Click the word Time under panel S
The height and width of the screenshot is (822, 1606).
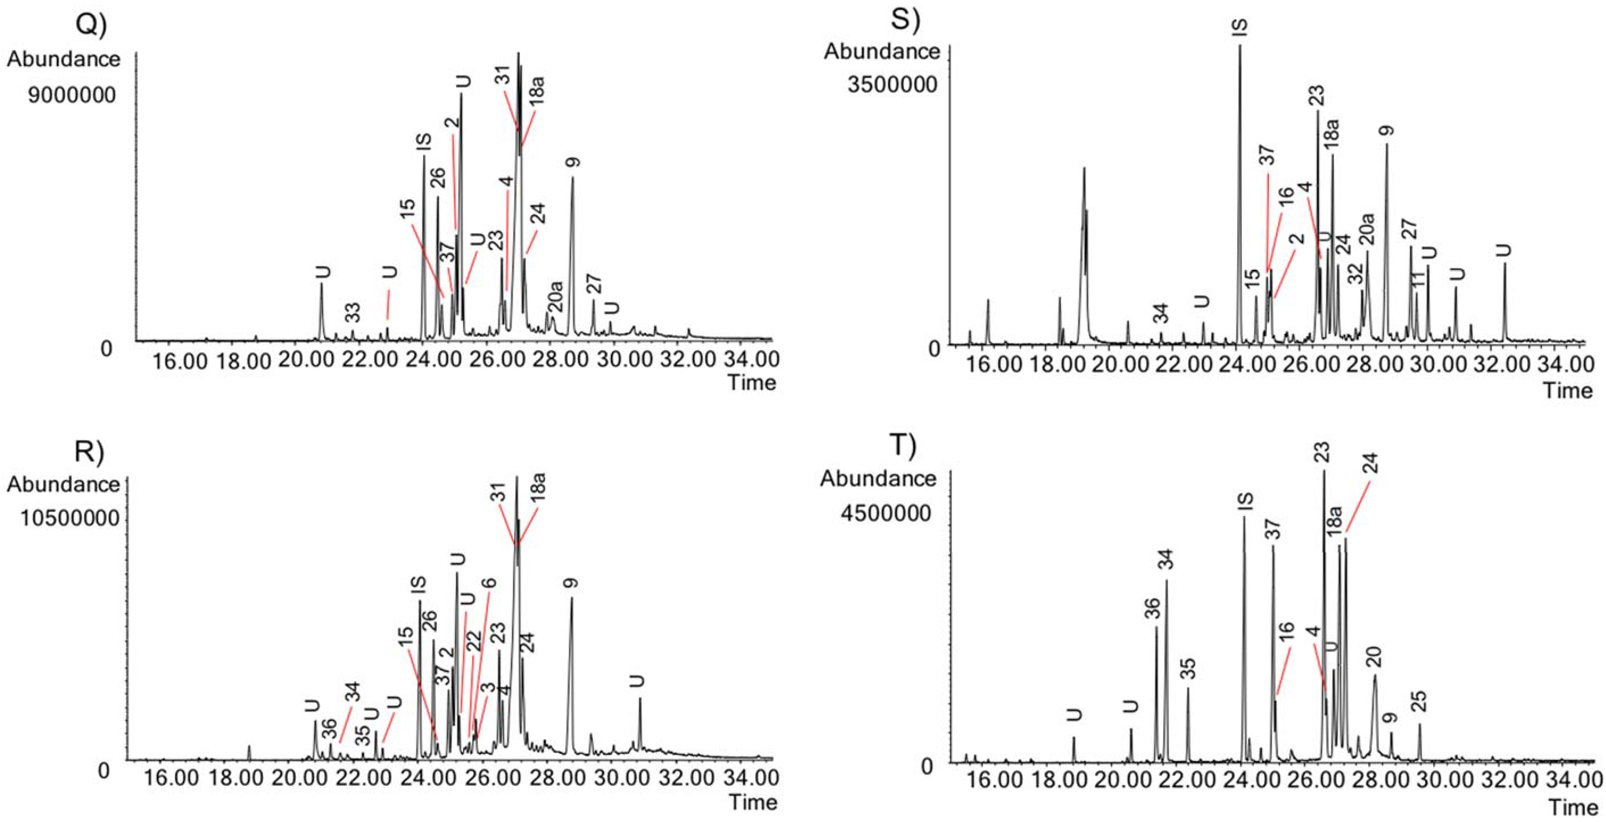[x=1567, y=391]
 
